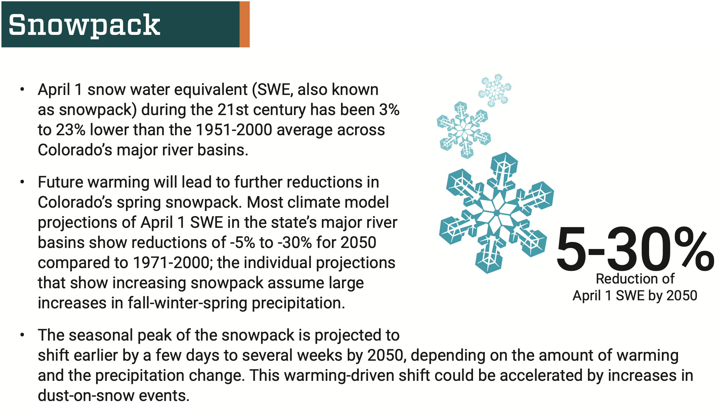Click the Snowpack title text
point(84,26)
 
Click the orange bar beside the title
point(245,24)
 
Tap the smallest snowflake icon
point(495,90)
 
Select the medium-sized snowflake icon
point(464,130)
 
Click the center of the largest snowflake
point(497,213)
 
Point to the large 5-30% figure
point(635,249)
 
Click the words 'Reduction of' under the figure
point(635,279)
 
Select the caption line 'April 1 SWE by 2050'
point(635,296)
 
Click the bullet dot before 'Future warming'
point(22,182)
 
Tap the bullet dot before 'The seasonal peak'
point(22,335)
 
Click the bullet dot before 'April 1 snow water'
point(22,90)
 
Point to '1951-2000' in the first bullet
point(234,130)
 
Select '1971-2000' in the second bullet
point(171,263)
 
